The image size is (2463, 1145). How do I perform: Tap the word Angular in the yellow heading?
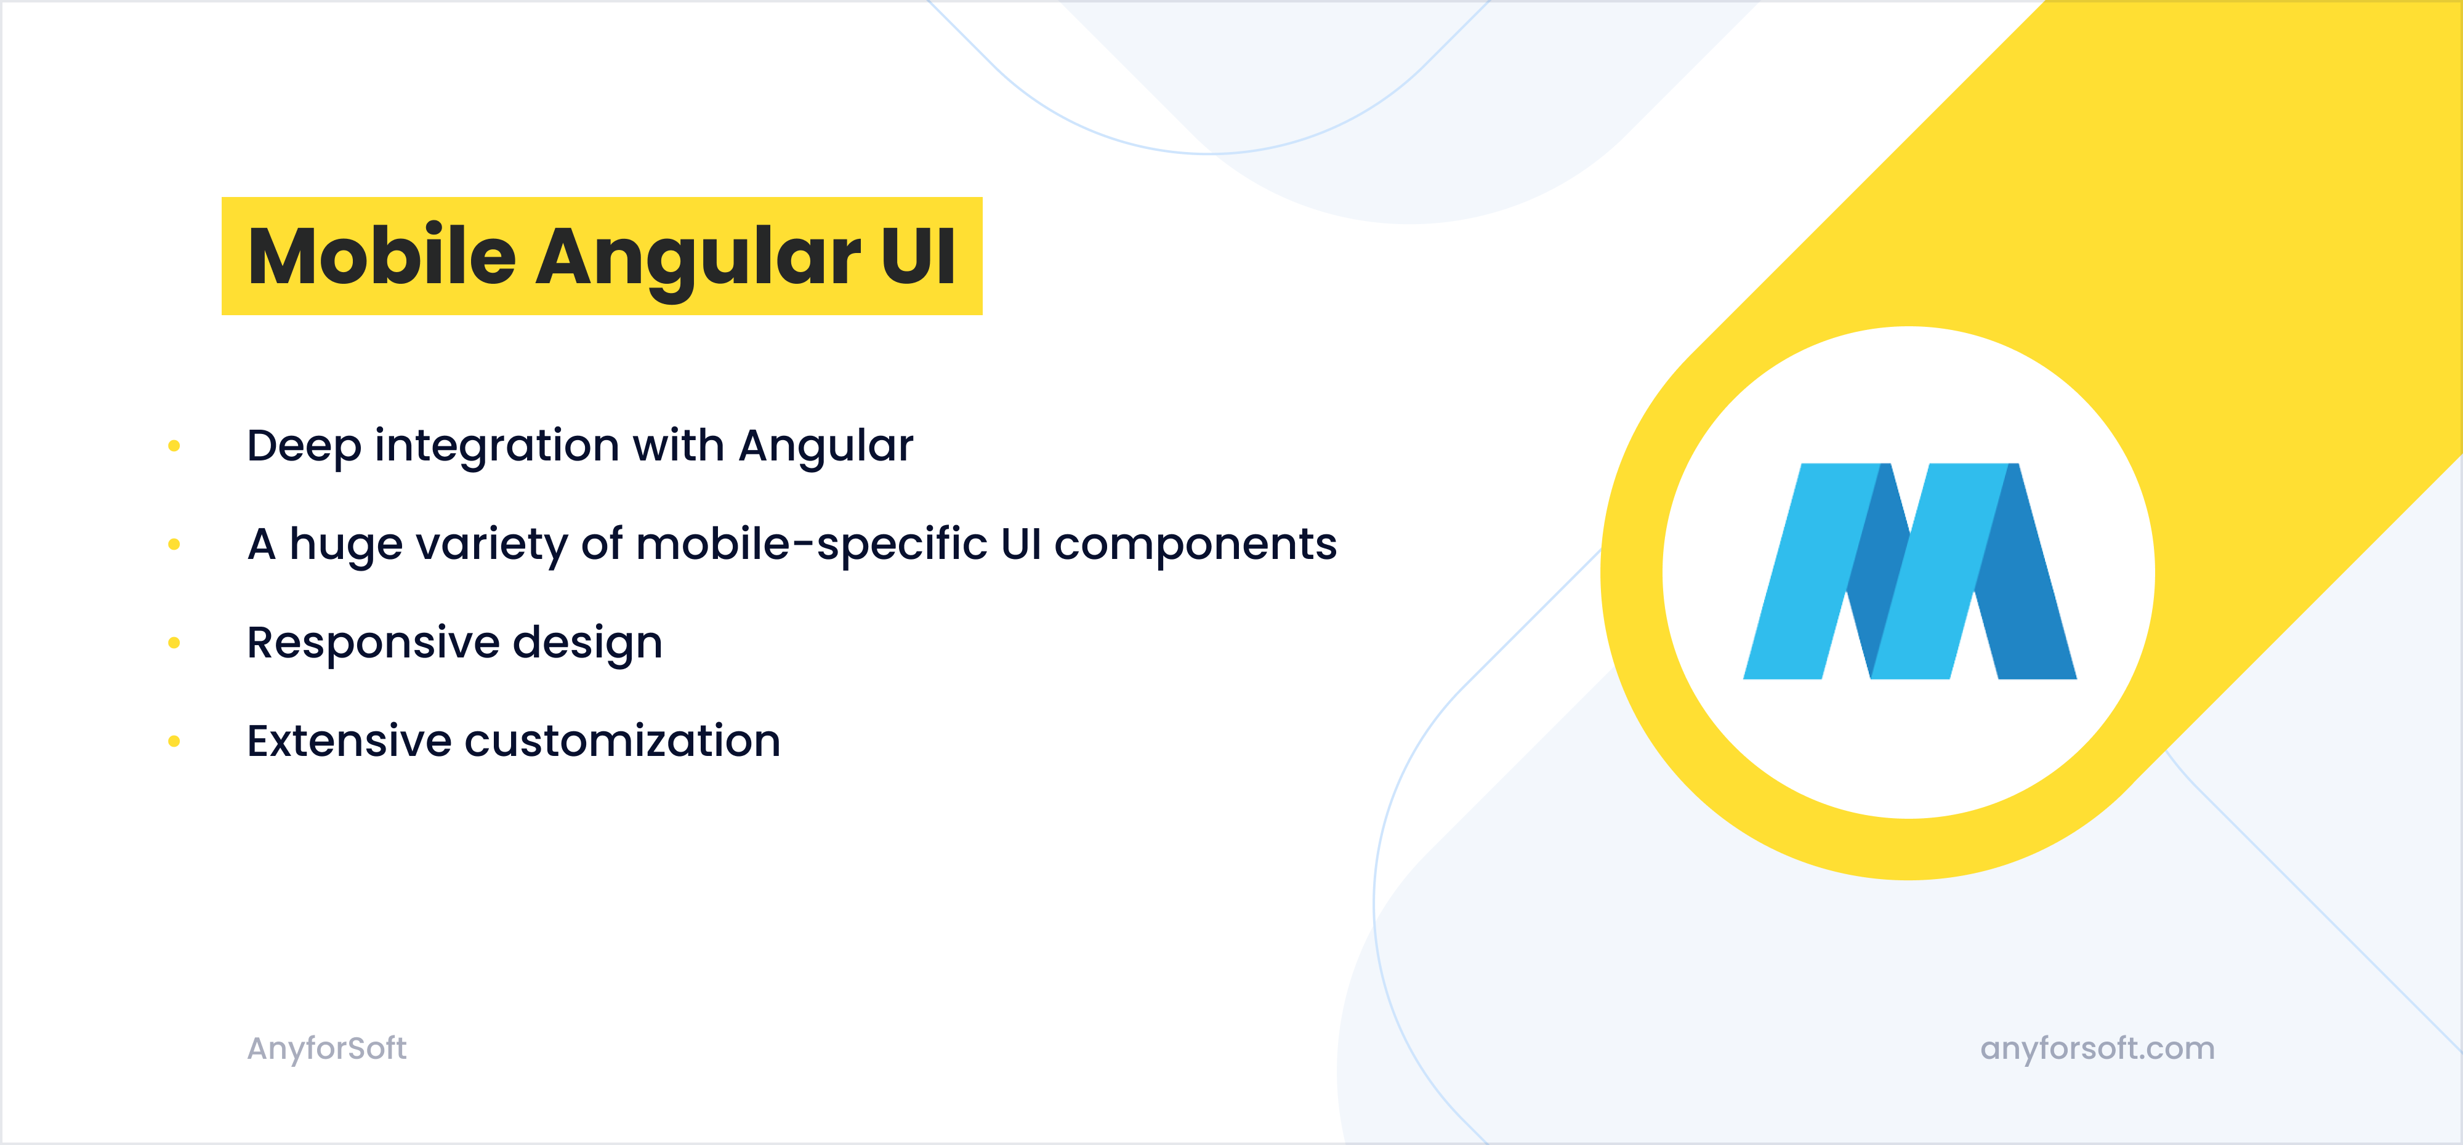698,258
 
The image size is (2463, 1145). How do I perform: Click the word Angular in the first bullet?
826,446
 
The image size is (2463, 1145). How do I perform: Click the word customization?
623,741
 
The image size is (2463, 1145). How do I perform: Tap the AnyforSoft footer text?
327,1048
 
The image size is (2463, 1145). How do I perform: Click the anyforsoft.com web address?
2097,1048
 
